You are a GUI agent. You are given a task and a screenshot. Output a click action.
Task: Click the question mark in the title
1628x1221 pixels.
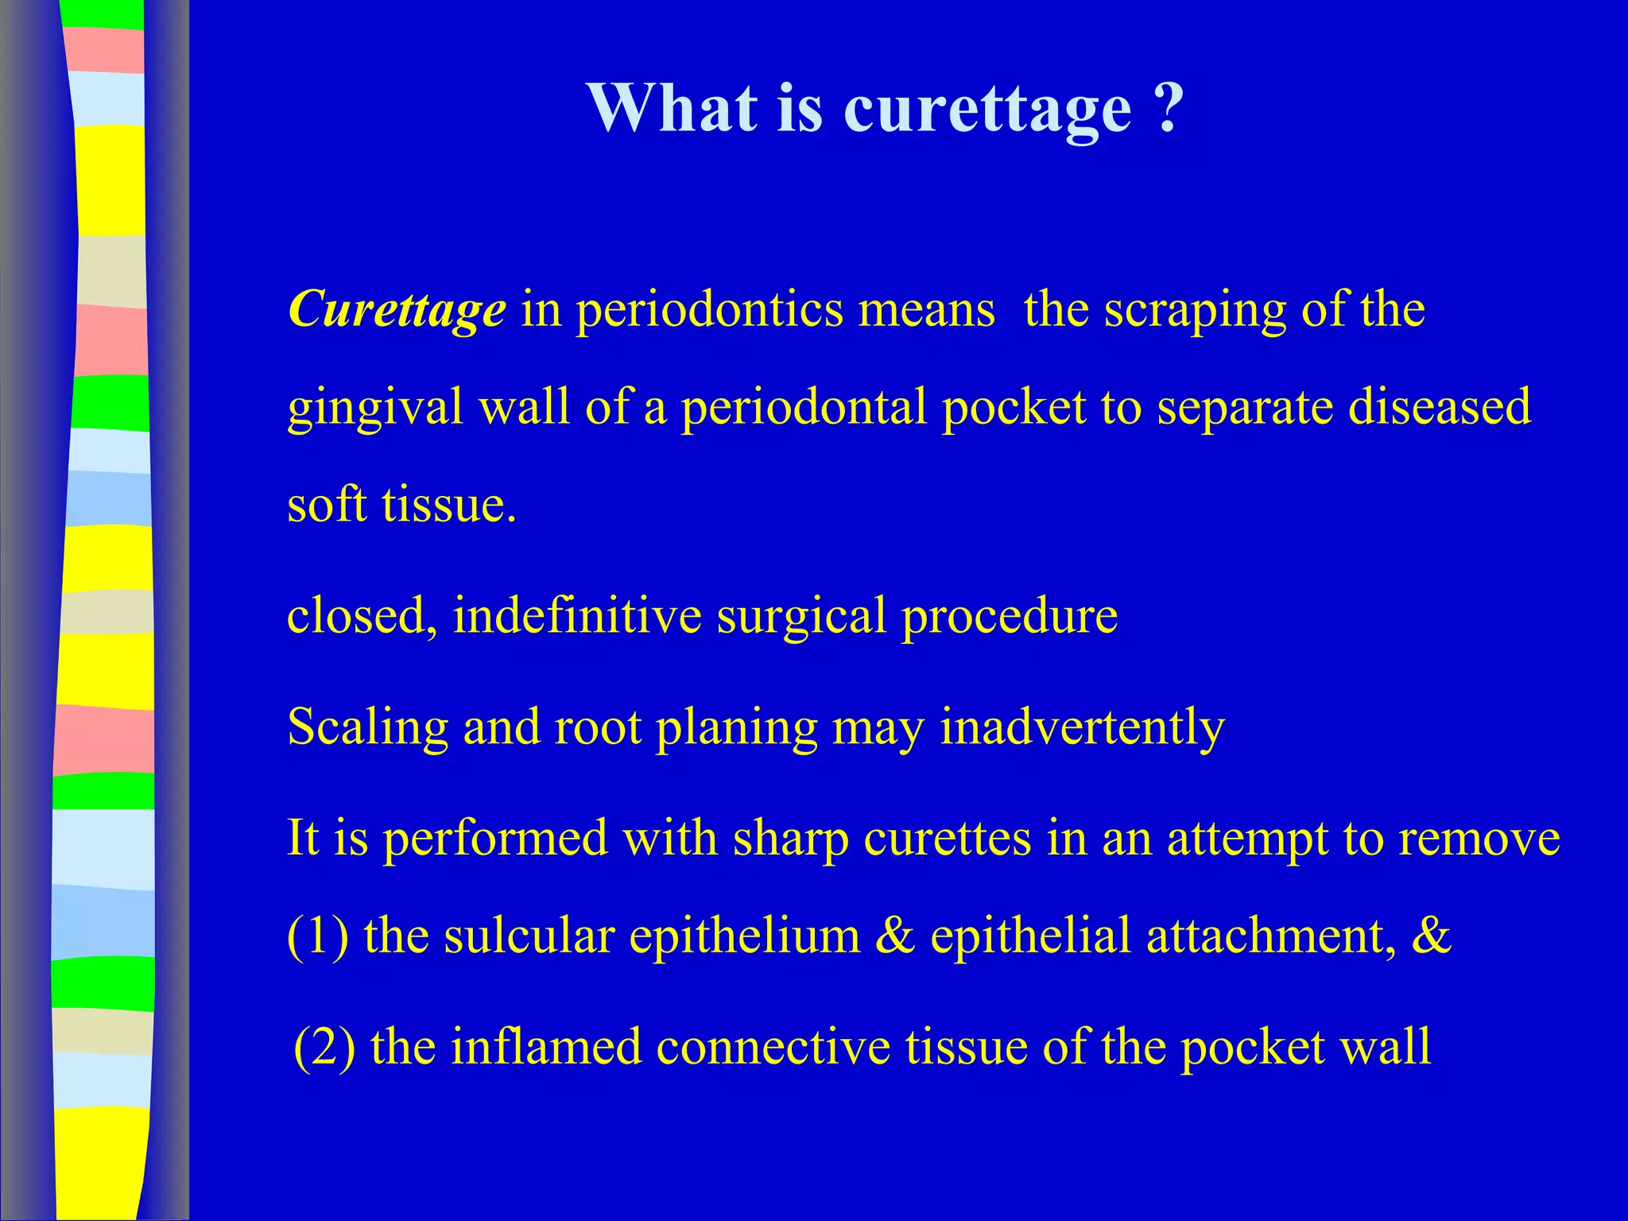(x=1167, y=108)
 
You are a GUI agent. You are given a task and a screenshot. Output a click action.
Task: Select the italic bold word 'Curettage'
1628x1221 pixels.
(x=397, y=309)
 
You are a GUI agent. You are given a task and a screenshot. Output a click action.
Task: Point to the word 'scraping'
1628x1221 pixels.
(x=1195, y=311)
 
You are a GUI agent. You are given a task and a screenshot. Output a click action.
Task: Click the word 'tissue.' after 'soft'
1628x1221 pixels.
(x=449, y=505)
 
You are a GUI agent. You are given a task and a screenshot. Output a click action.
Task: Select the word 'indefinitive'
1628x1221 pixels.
(x=577, y=615)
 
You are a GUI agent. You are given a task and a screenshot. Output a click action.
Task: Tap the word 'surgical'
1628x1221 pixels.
(x=801, y=617)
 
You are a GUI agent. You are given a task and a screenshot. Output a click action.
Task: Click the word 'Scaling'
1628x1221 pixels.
(x=367, y=728)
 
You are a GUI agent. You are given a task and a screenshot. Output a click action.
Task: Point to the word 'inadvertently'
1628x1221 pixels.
(x=1082, y=728)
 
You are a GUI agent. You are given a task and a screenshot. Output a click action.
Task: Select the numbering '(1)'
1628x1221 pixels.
(x=318, y=936)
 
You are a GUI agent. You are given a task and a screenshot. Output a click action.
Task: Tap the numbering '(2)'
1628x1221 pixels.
(x=324, y=1048)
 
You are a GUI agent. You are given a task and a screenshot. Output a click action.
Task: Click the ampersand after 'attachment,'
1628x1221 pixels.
(x=1431, y=936)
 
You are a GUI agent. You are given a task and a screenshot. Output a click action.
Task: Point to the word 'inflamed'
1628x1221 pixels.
(x=546, y=1047)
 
